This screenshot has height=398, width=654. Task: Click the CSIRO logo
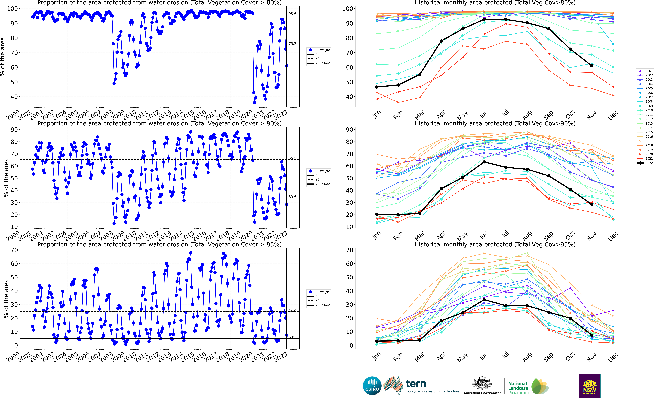pos(372,386)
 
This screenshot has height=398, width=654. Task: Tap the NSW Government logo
pos(590,386)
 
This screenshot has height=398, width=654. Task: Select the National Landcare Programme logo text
pos(519,388)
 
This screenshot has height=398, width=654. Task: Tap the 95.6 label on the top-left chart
pos(292,14)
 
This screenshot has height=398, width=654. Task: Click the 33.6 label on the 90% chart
pos(292,197)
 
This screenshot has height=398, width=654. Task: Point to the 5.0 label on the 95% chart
pos(291,337)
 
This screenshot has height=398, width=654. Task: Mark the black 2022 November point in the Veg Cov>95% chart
pos(592,335)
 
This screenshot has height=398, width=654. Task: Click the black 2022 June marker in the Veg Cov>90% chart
pos(484,162)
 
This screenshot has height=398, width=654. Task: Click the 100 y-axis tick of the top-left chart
pos(12,9)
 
